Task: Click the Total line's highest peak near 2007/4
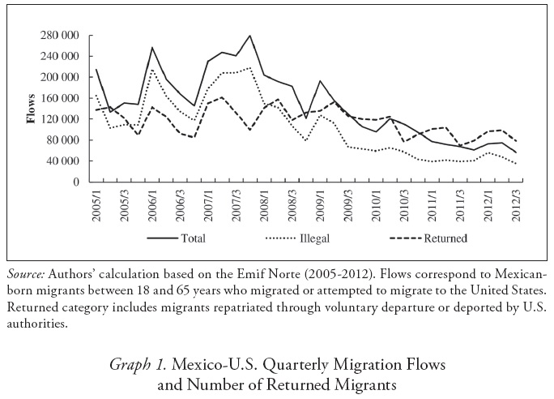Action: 250,36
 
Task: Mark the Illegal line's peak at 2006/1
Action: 152,69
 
